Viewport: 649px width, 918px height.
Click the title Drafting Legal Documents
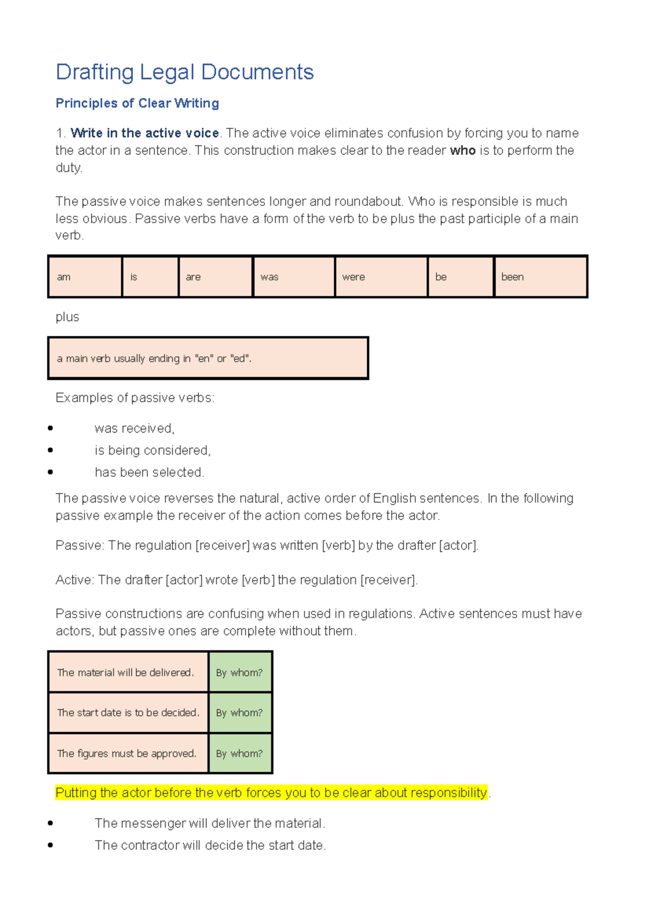(184, 72)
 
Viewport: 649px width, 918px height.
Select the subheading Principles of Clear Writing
(137, 103)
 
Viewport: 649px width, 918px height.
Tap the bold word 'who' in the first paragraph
(462, 150)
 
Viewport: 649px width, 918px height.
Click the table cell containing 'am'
(85, 277)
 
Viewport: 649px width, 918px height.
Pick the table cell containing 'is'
(150, 277)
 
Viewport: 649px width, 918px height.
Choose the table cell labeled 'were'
(381, 277)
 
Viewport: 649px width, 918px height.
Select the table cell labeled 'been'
(540, 277)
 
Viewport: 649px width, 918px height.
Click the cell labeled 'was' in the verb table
(293, 277)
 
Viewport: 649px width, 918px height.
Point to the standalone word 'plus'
(67, 317)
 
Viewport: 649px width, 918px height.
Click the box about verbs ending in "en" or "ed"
(208, 358)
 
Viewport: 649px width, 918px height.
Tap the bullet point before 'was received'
(50, 428)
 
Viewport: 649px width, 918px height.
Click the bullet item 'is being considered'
(153, 450)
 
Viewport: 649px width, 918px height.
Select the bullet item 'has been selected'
(149, 473)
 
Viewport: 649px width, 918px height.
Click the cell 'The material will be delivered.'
(128, 673)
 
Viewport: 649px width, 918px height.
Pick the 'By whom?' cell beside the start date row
(240, 713)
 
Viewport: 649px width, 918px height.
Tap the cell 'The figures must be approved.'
(128, 753)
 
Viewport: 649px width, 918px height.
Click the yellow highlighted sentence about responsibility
(271, 793)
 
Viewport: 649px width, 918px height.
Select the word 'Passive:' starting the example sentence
(80, 546)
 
